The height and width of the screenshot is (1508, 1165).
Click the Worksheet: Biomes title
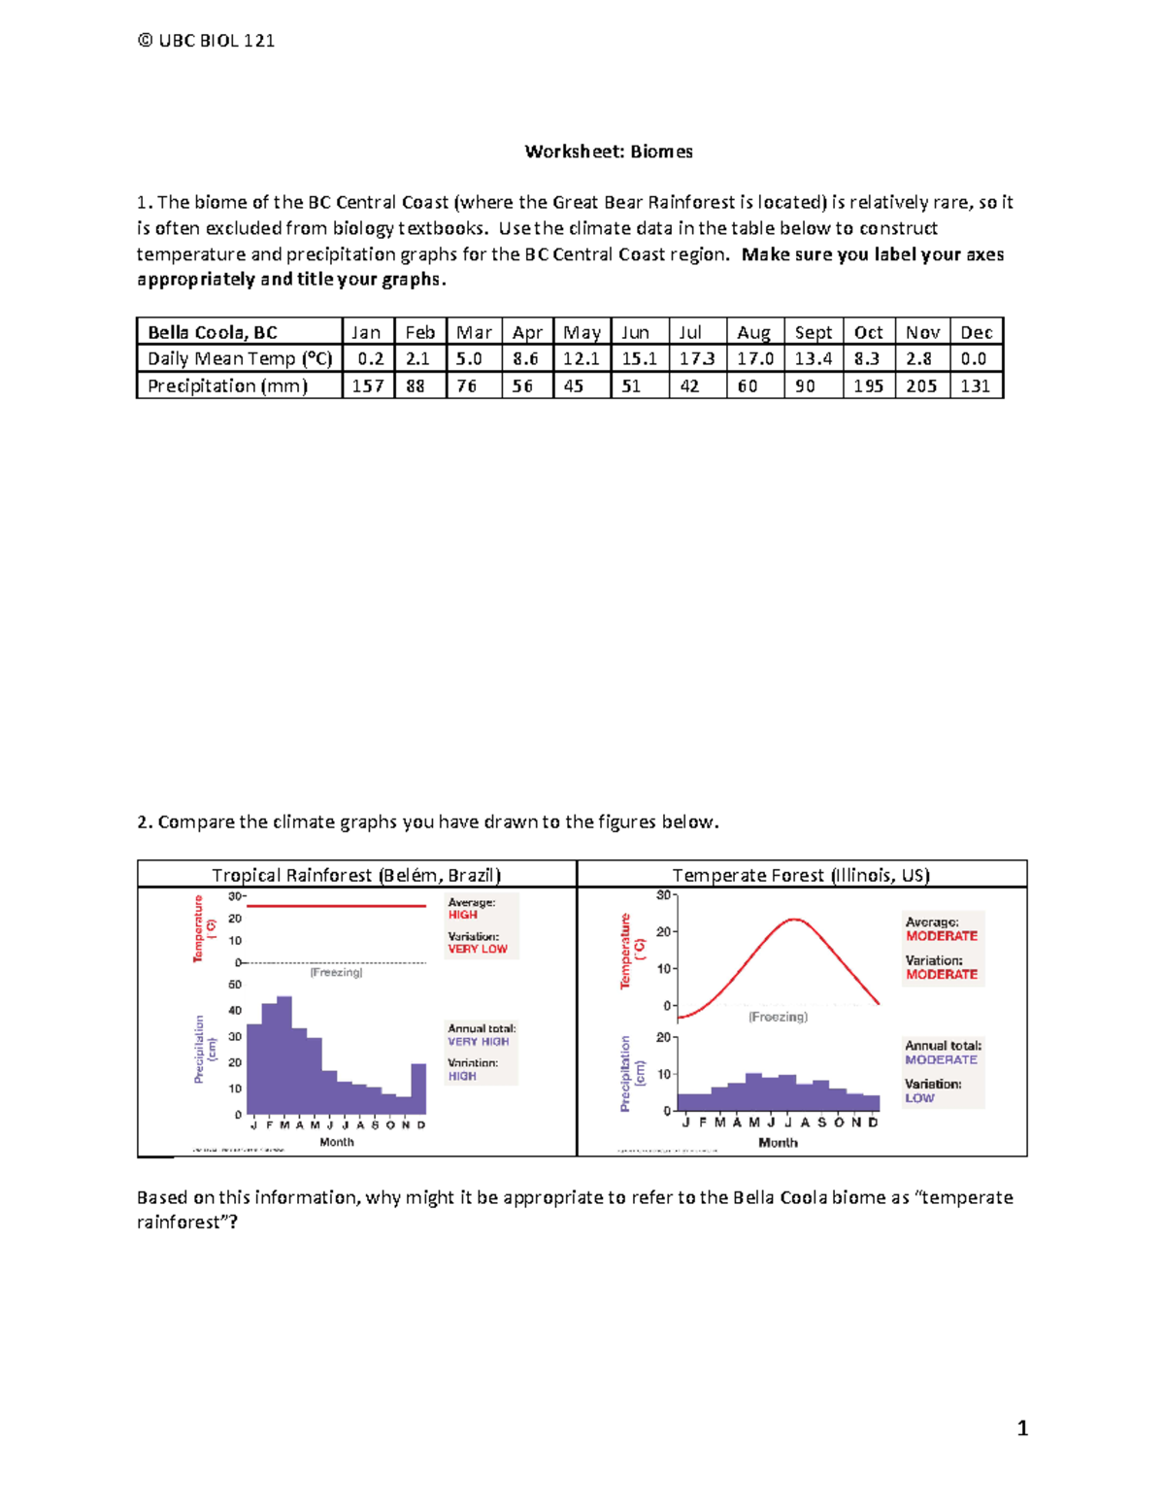point(609,151)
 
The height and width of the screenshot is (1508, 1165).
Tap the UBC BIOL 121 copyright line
point(206,41)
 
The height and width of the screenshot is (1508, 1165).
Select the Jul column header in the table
point(690,332)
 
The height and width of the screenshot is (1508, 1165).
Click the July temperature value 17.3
point(697,358)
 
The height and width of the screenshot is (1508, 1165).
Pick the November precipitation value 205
point(921,385)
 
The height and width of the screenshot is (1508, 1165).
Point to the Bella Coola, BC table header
point(213,332)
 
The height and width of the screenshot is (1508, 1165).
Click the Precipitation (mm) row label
point(227,385)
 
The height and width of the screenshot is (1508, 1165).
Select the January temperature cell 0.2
point(370,358)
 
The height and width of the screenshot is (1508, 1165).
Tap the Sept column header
point(814,332)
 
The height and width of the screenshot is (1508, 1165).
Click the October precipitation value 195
point(868,385)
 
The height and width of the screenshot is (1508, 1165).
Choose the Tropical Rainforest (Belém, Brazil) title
point(356,875)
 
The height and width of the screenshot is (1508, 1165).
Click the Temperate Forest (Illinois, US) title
point(801,875)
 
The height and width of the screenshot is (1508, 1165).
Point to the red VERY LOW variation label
point(478,949)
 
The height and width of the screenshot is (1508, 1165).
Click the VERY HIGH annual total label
point(478,1041)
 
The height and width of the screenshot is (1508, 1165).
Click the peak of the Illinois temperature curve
point(795,920)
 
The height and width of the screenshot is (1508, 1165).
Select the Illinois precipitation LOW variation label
point(919,1098)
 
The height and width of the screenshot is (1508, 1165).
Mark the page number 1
point(1022,1427)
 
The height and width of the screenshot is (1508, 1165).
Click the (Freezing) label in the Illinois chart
point(778,1017)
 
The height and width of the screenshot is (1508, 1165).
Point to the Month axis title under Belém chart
point(337,1142)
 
